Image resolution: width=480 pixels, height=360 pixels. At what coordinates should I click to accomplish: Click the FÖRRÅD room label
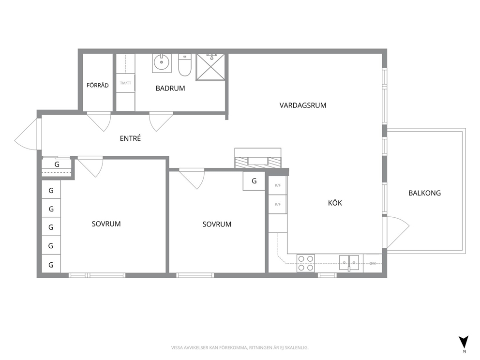pos(97,86)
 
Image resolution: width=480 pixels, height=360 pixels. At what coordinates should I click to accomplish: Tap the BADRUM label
pos(170,88)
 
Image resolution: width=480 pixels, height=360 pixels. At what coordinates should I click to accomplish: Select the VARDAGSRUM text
pos(303,105)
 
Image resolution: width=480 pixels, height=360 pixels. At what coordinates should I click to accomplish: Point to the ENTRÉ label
pos(131,138)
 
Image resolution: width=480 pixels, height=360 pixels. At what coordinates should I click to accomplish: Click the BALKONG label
pos(424,193)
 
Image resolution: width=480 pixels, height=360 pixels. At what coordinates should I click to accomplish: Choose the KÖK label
pos(335,203)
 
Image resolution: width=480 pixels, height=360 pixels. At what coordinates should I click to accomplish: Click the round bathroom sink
pos(161,63)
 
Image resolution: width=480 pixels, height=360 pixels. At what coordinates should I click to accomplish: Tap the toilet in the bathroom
pos(184,65)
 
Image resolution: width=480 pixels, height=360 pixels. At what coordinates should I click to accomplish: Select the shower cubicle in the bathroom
pos(210,67)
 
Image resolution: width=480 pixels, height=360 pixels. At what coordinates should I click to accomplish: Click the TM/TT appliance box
pos(125,83)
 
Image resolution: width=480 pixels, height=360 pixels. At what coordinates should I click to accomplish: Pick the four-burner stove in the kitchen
pos(305,263)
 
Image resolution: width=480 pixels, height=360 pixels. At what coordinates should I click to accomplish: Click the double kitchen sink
pos(349,262)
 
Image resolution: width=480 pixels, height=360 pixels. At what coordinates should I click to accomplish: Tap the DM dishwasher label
pos(373,263)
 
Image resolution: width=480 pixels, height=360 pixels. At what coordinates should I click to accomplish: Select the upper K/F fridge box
pos(278,185)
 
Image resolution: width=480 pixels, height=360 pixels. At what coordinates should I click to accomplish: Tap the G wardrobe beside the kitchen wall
pos(254,181)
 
